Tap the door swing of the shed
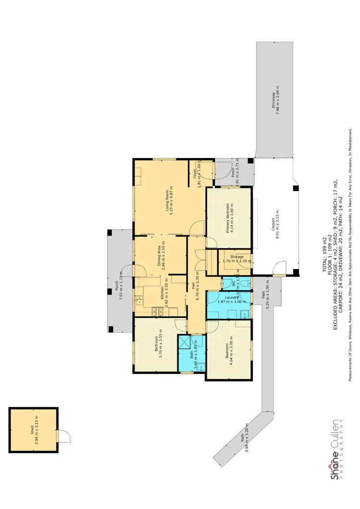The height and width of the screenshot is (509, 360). pos(64,436)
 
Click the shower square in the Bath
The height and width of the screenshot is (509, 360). pos(184,342)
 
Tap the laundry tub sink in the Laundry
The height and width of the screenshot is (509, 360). pos(245,315)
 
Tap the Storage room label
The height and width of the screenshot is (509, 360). pos(237,257)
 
